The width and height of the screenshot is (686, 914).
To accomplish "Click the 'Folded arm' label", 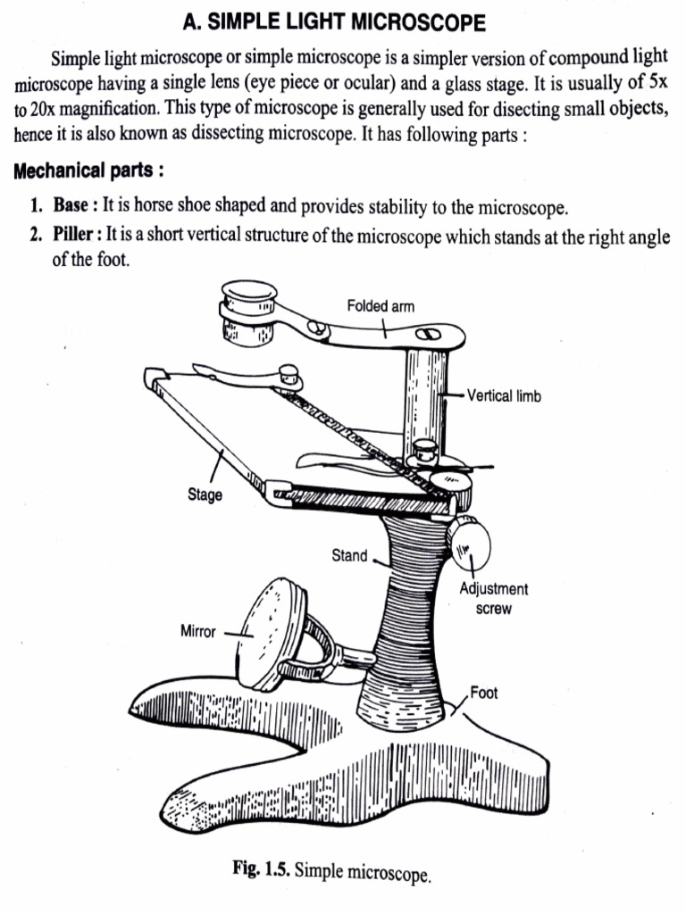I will pyautogui.click(x=381, y=306).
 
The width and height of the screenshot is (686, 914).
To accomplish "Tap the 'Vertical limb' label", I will pyautogui.click(x=505, y=395).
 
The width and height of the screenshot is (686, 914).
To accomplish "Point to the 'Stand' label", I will pyautogui.click(x=349, y=555).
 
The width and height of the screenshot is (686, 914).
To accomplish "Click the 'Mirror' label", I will pyautogui.click(x=198, y=632).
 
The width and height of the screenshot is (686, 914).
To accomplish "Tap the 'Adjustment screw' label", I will pyautogui.click(x=493, y=599).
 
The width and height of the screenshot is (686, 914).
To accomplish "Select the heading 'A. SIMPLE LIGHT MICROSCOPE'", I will pyautogui.click(x=334, y=21).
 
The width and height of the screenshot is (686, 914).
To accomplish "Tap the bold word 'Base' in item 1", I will pyautogui.click(x=71, y=206).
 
